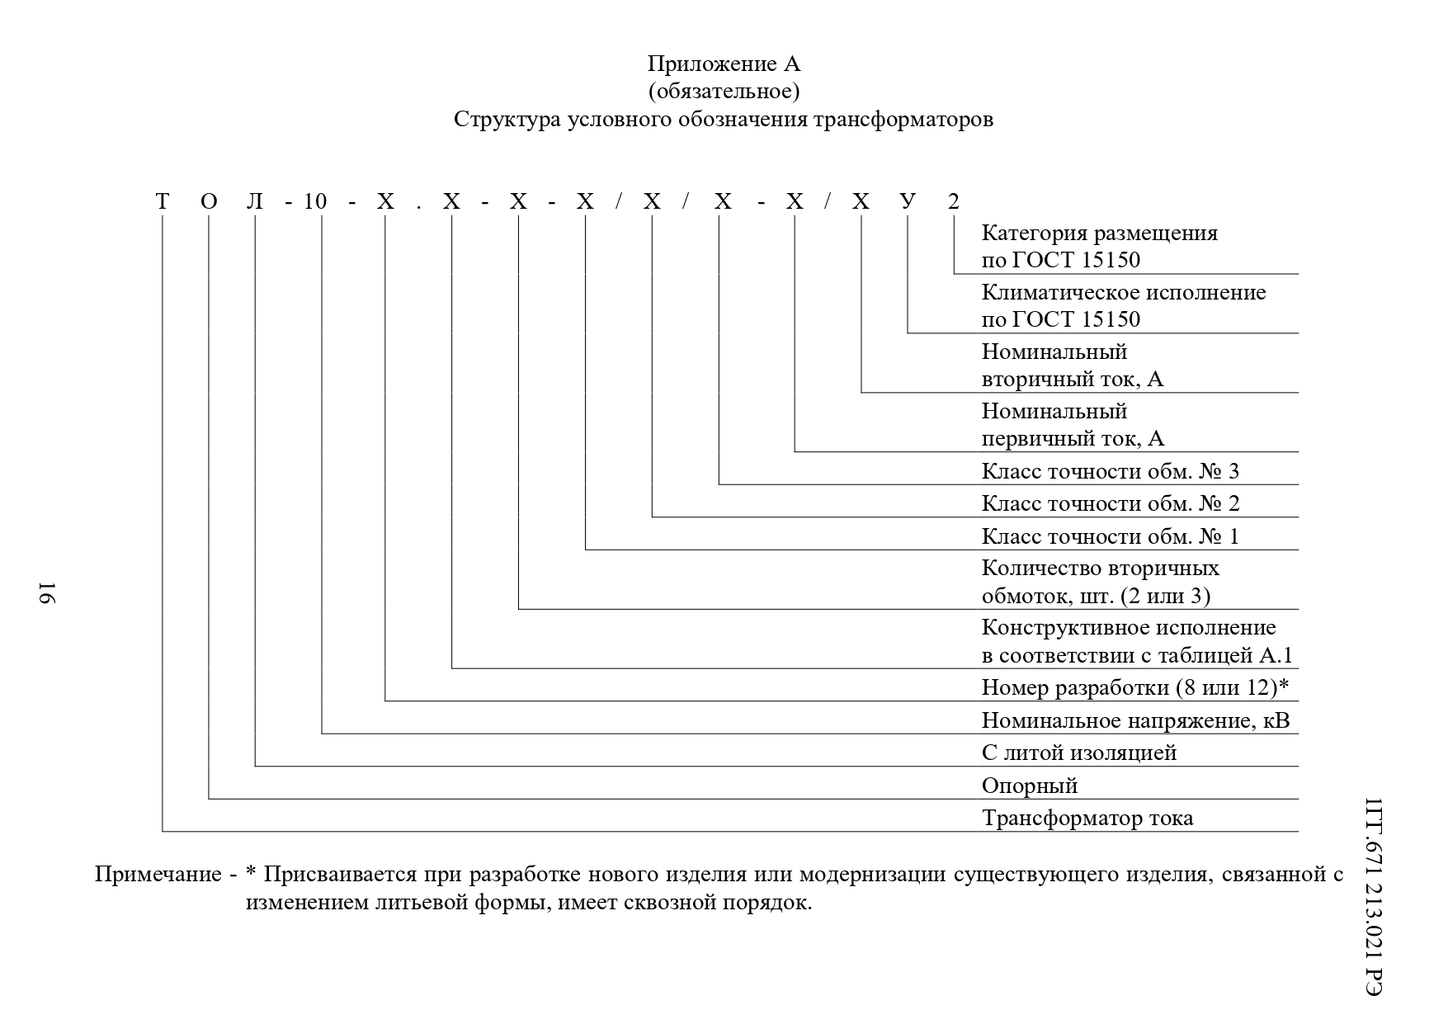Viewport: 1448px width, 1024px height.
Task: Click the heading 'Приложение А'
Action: click(724, 64)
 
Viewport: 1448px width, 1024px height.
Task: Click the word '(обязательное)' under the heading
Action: click(724, 90)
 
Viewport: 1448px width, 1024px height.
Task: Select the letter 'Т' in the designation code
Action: click(163, 201)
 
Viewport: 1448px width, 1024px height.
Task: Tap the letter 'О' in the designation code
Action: click(209, 201)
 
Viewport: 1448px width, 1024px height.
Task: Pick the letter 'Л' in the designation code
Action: click(255, 201)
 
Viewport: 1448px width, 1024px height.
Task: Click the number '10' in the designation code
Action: click(314, 201)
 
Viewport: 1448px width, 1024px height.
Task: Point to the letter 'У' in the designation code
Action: click(908, 201)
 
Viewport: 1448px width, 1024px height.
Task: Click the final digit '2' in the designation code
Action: click(954, 201)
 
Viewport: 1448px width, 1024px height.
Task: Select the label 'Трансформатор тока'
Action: click(1087, 818)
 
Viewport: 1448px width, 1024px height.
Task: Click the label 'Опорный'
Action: click(1030, 786)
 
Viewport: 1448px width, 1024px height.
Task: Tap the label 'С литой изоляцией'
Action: click(1079, 753)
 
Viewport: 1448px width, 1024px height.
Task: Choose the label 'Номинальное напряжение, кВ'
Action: click(1135, 720)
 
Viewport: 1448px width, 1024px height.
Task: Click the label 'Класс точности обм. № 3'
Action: click(1111, 471)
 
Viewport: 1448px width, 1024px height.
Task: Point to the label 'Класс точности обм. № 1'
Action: click(1111, 537)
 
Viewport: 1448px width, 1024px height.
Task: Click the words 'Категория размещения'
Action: click(1100, 233)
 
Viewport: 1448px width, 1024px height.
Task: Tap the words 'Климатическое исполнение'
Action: click(1124, 292)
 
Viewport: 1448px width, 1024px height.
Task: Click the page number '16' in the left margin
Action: click(47, 593)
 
